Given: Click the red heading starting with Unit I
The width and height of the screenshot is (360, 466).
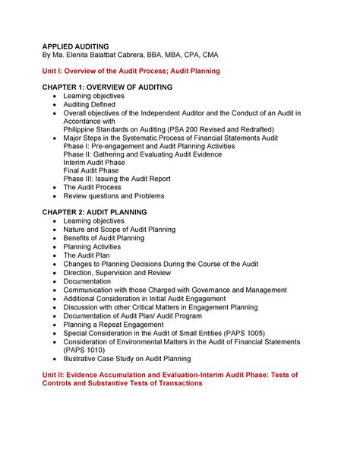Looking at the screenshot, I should [131, 71].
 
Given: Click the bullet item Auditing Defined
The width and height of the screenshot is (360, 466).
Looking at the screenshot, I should [95, 105].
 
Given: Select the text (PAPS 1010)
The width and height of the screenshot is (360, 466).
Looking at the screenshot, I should [87, 350].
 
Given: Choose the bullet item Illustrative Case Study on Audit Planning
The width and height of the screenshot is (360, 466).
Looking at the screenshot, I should [127, 358].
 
